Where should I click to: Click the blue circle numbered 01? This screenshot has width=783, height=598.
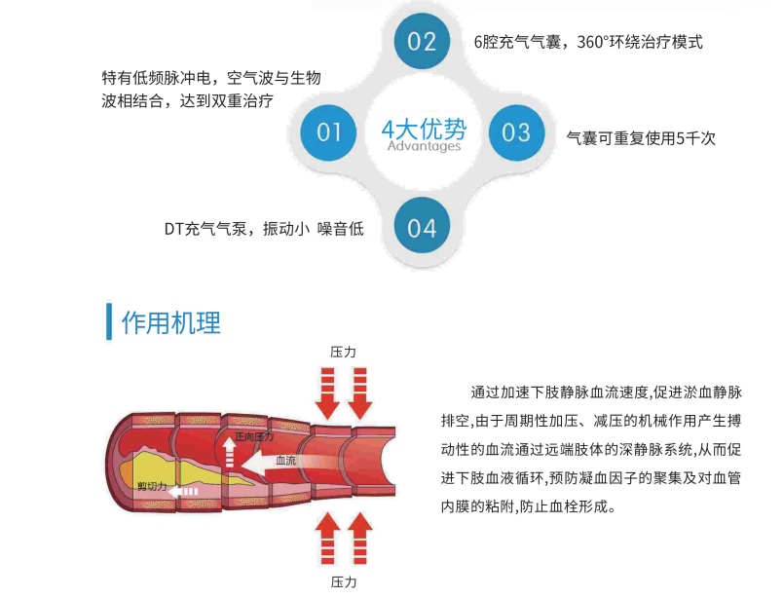pos(328,132)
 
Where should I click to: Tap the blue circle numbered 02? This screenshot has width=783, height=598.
pos(422,41)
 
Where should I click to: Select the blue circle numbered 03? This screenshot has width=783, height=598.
pos(516,132)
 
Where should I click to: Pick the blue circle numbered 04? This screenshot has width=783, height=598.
pos(422,225)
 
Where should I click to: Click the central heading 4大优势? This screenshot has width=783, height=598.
pos(424,130)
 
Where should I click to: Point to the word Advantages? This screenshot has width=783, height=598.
pos(424,146)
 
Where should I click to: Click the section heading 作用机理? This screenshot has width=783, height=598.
pos(170,322)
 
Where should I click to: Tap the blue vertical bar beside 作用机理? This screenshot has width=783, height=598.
pos(109,321)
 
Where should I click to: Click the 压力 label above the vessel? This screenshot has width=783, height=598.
pos(343,353)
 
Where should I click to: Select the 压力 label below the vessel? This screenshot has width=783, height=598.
pos(344,582)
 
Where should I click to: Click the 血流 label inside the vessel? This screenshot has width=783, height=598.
pos(286,460)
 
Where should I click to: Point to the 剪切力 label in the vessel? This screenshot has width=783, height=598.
pos(152,486)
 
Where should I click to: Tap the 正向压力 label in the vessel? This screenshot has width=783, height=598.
pos(254,436)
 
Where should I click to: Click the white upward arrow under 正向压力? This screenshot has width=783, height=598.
pos(229,452)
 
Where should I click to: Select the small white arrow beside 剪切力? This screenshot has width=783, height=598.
pos(183,492)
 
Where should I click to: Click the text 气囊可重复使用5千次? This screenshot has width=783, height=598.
pos(641,138)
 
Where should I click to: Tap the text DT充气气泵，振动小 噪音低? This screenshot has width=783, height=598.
pos(264,229)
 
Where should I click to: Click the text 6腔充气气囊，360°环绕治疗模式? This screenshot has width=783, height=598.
pos(588,42)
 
